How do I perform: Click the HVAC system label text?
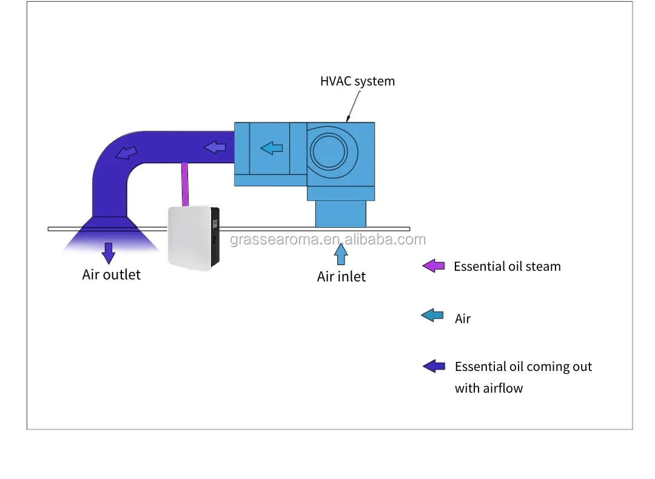[x=357, y=81]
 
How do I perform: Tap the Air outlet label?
[x=111, y=274]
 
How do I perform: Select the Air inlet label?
[x=341, y=277]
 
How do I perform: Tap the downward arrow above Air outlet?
[x=109, y=253]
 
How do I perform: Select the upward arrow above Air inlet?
[x=341, y=254]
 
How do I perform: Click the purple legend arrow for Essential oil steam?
[x=434, y=266]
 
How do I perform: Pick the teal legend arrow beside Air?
[x=432, y=316]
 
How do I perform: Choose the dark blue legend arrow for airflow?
[x=434, y=366]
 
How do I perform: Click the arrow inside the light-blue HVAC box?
[x=271, y=148]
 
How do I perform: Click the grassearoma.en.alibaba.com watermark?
[x=327, y=240]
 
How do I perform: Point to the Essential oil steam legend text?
[x=507, y=267]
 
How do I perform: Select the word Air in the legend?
[x=463, y=319]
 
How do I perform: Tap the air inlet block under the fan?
[x=340, y=214]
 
